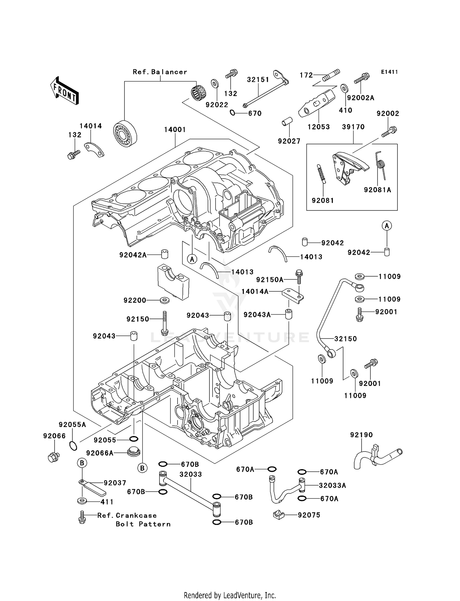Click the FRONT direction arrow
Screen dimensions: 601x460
pos(64,91)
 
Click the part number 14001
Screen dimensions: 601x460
pos(175,130)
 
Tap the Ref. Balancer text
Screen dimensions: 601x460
pos(160,72)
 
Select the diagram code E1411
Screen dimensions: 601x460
pos(389,72)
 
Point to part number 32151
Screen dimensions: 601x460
pos(258,80)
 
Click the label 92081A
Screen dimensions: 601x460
pos(378,190)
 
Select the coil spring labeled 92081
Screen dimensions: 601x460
pos(320,174)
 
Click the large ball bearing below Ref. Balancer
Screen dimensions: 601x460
pos(125,134)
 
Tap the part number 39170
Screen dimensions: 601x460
pos(353,127)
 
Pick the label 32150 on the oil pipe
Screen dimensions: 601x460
pos(345,339)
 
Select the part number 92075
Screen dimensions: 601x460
pos(309,515)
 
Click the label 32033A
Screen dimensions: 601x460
pos(332,486)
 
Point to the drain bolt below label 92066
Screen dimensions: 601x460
pos(53,457)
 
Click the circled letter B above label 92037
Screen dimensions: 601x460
pos(82,463)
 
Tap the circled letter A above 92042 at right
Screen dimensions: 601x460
pos(387,226)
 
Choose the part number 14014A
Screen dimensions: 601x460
pos(255,292)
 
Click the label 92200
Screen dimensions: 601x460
pos(135,300)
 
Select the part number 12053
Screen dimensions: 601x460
pos(319,127)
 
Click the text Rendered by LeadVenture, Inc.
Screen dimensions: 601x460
pos(230,595)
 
